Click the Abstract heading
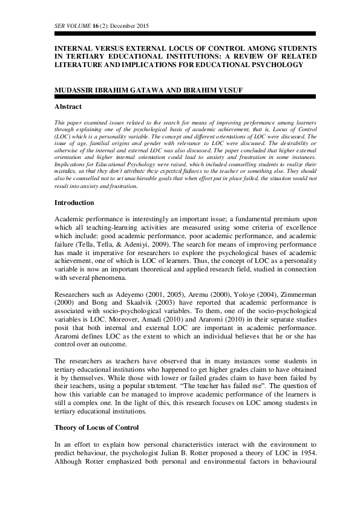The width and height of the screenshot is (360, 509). tap(68, 106)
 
